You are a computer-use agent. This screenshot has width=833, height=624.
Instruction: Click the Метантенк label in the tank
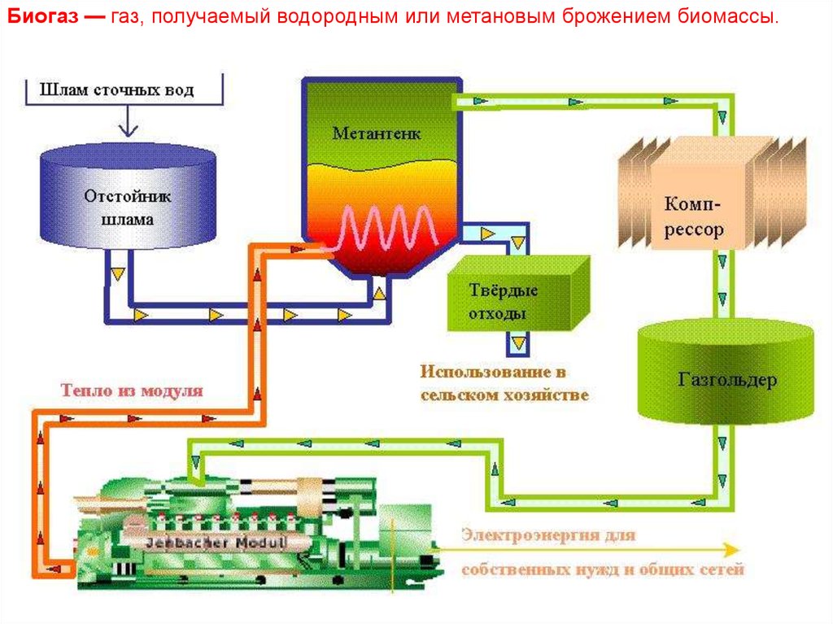377,133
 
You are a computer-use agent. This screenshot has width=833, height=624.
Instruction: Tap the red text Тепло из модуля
130,390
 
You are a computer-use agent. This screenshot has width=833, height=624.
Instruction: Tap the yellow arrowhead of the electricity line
734,548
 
